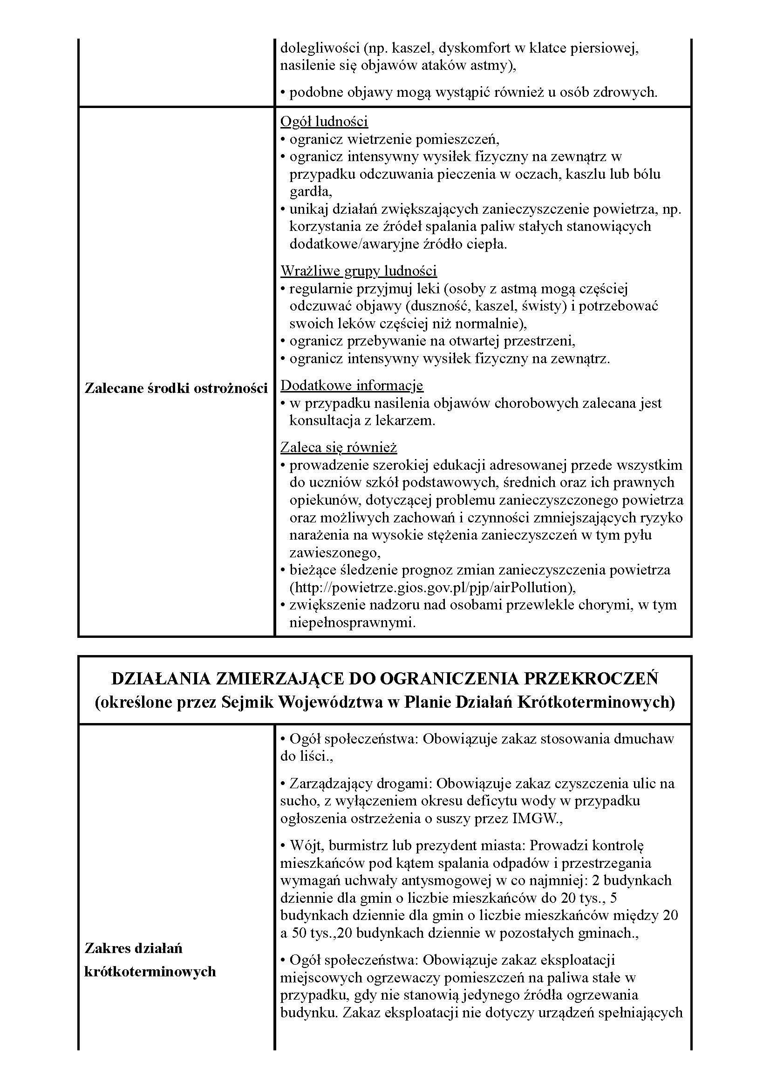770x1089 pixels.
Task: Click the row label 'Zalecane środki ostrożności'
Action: pos(176,388)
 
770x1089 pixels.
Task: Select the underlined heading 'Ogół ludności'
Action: pos(324,122)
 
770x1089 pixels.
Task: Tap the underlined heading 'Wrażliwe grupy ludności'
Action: pos(358,271)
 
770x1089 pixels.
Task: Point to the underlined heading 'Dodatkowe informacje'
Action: pos(352,385)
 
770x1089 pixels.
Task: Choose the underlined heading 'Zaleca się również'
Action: pos(338,447)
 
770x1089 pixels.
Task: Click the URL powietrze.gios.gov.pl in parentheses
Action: pos(432,588)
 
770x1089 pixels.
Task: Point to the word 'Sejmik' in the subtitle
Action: pos(248,702)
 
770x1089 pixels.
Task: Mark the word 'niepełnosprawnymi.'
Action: pos(353,623)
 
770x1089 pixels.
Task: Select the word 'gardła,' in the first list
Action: pos(311,192)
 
